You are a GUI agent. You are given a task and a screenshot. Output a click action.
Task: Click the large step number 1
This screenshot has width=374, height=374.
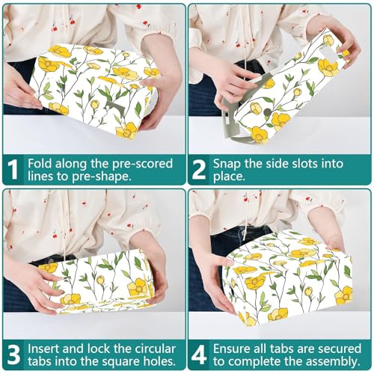[x=13, y=170]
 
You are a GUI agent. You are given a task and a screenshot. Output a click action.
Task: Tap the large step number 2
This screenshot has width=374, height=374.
[x=199, y=170]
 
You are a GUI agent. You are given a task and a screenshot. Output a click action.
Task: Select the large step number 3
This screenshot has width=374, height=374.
[x=13, y=355]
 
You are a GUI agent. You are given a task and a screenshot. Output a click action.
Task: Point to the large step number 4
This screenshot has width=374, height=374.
[x=199, y=355]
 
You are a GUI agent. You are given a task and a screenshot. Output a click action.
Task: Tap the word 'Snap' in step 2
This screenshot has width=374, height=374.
[x=227, y=165]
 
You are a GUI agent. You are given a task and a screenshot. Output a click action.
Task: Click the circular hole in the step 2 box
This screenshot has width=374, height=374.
[x=266, y=112]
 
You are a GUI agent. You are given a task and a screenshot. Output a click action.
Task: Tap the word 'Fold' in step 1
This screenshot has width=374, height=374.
[x=40, y=164]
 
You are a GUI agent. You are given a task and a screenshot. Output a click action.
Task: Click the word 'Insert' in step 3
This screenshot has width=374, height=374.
[x=43, y=349]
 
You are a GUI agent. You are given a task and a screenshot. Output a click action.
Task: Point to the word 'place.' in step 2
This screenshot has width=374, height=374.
[x=229, y=177]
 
